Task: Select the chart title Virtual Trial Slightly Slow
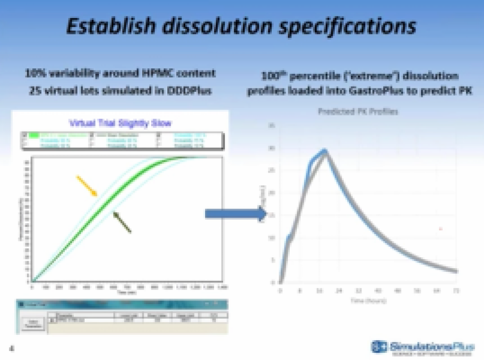click(x=120, y=123)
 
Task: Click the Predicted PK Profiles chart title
click(x=358, y=112)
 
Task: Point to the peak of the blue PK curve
click(x=325, y=151)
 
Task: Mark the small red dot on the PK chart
click(x=440, y=229)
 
